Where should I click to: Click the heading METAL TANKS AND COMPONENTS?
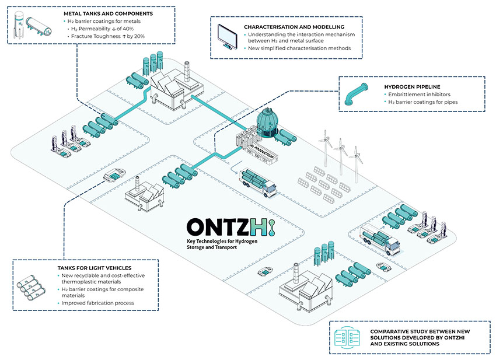pyautogui.click(x=108, y=13)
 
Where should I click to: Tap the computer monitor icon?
pyautogui.click(x=228, y=36)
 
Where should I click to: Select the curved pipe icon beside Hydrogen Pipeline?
pyautogui.click(x=356, y=94)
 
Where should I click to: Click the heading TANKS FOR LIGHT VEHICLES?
pyautogui.click(x=95, y=268)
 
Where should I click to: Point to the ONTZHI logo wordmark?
pyautogui.click(x=231, y=227)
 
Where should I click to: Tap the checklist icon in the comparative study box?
pyautogui.click(x=347, y=338)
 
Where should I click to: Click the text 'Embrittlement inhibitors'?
pyautogui.click(x=419, y=95)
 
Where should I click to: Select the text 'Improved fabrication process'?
pyautogui.click(x=98, y=303)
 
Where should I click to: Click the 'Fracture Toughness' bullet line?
pyautogui.click(x=108, y=36)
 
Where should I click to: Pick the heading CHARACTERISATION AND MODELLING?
pyautogui.click(x=294, y=27)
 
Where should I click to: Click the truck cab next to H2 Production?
pyautogui.click(x=269, y=188)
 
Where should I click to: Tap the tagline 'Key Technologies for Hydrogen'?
pyautogui.click(x=222, y=242)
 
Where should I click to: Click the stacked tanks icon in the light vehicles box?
pyautogui.click(x=31, y=288)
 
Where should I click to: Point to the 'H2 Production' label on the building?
pyautogui.click(x=262, y=152)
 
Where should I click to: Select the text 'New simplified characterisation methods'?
pyautogui.click(x=299, y=48)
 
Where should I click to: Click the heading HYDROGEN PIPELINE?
pyautogui.click(x=412, y=87)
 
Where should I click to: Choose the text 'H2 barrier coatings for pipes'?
pyautogui.click(x=423, y=102)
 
